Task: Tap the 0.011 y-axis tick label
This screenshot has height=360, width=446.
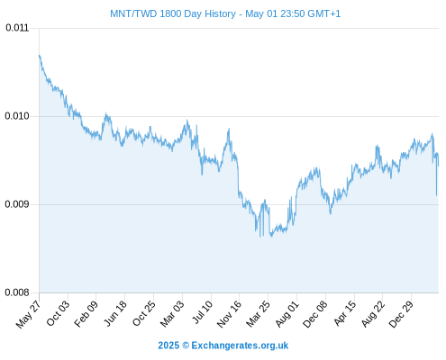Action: (17, 28)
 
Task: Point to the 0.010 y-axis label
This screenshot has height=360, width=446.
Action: (17, 116)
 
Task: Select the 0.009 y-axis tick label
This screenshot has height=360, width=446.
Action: (17, 204)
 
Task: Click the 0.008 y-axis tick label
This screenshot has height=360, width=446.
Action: (17, 292)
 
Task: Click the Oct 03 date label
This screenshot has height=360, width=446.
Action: (58, 313)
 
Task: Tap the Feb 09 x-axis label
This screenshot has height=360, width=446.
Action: (86, 313)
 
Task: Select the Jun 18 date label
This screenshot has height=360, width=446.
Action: (115, 313)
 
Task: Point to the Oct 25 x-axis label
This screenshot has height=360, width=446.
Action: (144, 313)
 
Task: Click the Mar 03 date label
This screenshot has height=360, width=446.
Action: (172, 313)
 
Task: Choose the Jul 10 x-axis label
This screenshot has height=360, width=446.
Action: (203, 312)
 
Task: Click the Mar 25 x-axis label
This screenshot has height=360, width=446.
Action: (258, 313)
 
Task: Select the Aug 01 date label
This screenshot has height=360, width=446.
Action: (287, 313)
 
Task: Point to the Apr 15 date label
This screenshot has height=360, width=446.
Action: (345, 313)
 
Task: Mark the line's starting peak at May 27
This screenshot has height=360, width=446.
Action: (40, 55)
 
